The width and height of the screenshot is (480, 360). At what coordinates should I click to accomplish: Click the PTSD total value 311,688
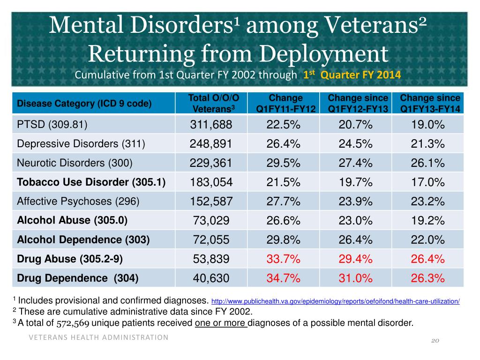point(211,125)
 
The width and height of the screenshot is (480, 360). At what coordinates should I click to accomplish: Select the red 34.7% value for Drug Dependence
point(283,278)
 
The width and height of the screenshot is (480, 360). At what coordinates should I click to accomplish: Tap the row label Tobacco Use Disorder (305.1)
point(91,182)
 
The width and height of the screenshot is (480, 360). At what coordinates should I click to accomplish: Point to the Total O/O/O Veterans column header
point(213,103)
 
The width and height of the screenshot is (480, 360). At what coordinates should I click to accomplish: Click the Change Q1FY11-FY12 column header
point(285,103)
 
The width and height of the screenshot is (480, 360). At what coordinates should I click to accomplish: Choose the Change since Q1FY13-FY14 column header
point(430,103)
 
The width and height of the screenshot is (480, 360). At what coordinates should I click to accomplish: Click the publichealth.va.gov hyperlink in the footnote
point(336,301)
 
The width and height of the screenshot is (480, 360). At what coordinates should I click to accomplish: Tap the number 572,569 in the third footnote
point(73,323)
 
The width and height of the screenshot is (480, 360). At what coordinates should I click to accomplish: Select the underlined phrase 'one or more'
point(220,323)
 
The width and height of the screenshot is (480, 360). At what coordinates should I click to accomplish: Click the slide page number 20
point(435,340)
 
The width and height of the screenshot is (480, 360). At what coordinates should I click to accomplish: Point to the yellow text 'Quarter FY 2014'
point(360,75)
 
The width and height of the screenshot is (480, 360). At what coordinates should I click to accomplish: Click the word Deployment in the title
point(324,54)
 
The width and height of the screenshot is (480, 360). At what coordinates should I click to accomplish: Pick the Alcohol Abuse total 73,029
point(211,220)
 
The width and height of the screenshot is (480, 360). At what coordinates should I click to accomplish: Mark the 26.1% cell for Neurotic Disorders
point(427,163)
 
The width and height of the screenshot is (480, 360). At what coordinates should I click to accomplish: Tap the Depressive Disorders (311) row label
point(81,143)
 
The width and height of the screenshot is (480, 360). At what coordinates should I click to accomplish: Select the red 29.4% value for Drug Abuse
point(355,259)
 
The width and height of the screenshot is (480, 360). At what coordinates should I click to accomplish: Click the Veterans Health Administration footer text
point(98,337)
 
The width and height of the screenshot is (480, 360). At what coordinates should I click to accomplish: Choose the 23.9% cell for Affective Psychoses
point(355,202)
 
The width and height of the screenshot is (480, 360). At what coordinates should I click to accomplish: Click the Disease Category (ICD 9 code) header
point(84,104)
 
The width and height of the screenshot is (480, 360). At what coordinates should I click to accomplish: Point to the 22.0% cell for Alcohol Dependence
point(427,240)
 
